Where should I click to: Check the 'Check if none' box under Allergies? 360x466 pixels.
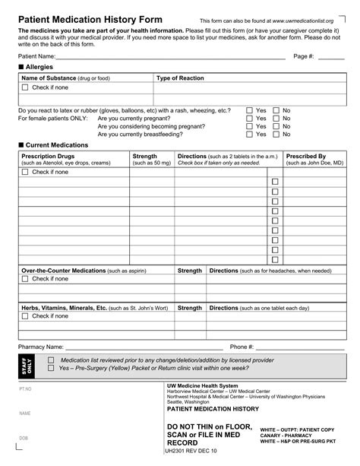[x=25, y=87]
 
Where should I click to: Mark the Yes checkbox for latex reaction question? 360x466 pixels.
[x=249, y=110]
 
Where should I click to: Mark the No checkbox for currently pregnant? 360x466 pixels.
[x=276, y=119]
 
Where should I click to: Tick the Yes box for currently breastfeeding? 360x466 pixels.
[x=249, y=135]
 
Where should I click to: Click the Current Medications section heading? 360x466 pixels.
[x=57, y=144]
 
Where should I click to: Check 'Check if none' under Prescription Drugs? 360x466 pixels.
[x=25, y=172]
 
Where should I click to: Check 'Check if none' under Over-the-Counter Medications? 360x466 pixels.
[x=25, y=279]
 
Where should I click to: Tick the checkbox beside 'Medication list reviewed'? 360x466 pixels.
[x=52, y=360]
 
